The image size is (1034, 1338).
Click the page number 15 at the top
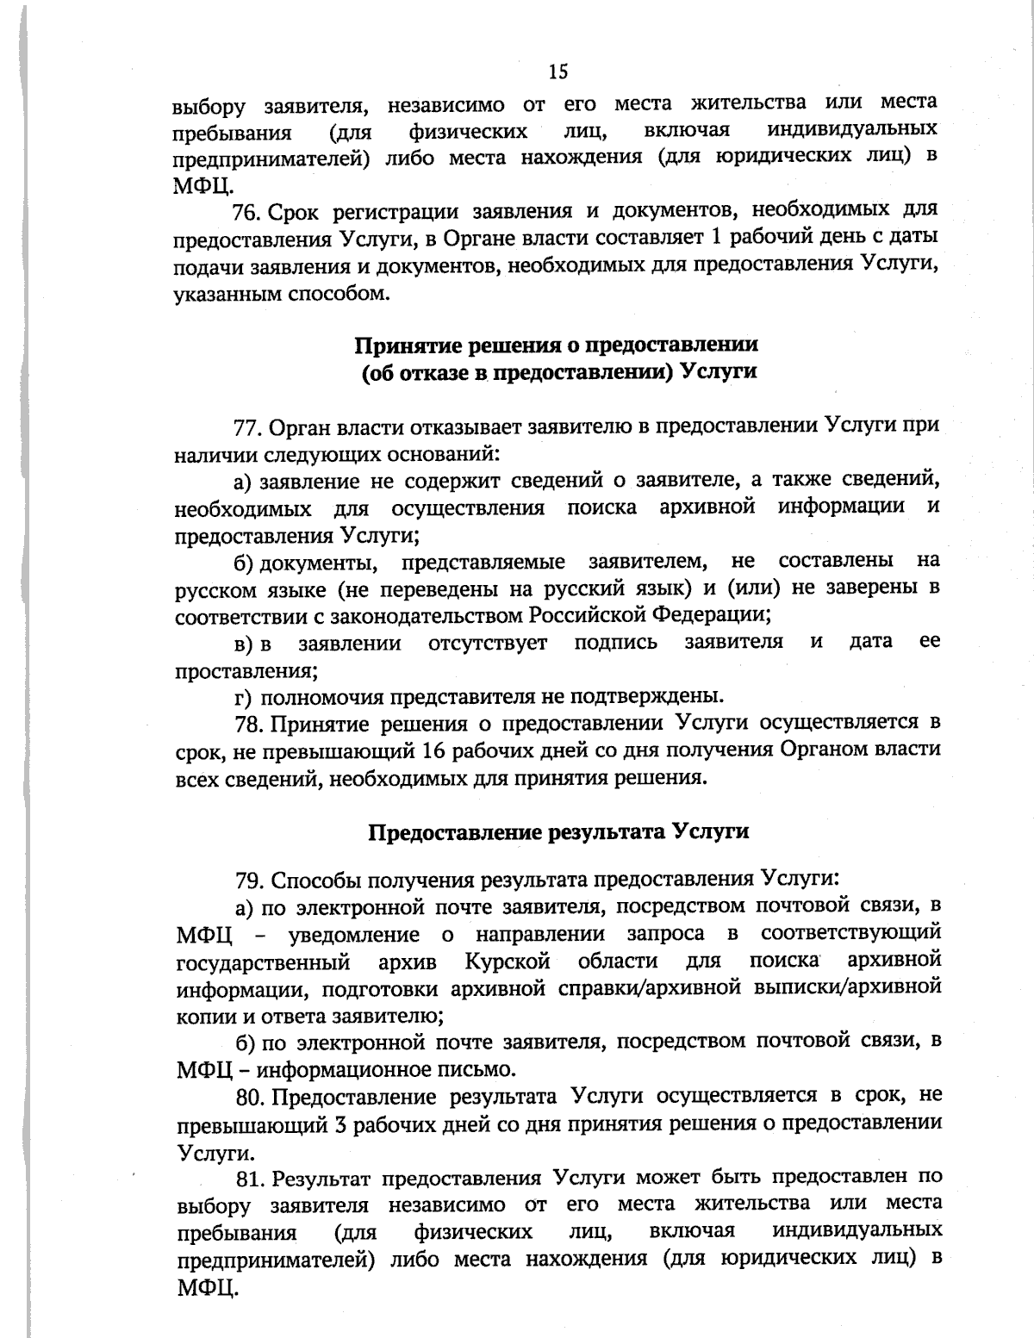pos(557,72)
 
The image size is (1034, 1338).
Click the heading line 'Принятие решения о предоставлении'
pos(557,345)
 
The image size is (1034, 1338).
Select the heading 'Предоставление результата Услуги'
pos(558,831)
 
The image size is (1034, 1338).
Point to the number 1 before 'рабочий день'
pos(712,238)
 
